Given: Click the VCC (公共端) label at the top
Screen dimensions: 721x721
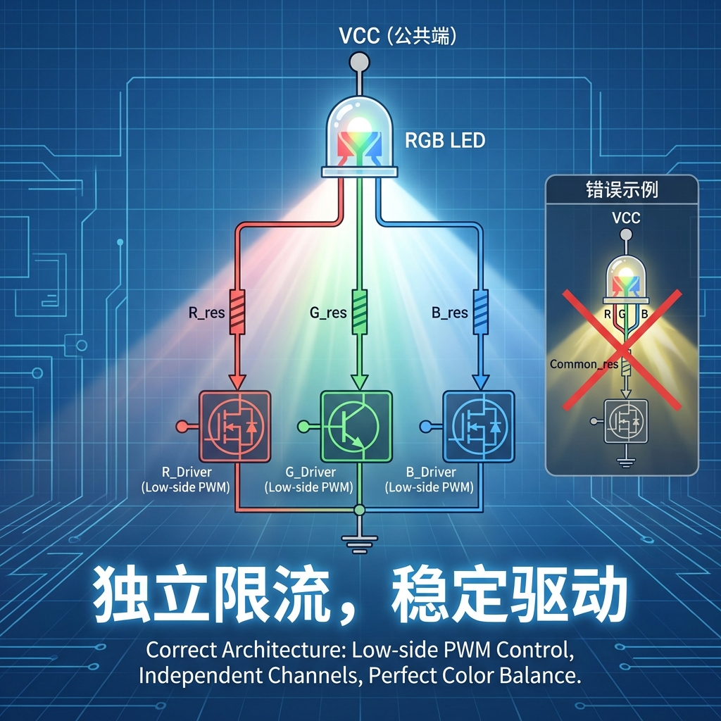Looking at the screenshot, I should (x=398, y=37).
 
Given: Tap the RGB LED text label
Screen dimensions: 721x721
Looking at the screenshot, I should (x=445, y=140).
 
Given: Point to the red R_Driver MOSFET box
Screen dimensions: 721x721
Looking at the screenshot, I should (x=235, y=426).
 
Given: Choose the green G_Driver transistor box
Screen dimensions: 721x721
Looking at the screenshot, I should (x=356, y=427).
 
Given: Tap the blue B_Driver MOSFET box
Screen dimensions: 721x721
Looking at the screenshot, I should (x=478, y=427).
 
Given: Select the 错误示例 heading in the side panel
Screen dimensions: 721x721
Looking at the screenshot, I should (x=622, y=189).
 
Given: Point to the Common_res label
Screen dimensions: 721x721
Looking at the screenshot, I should (x=584, y=364).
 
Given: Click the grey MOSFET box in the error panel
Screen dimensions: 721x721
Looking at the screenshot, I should (x=622, y=422).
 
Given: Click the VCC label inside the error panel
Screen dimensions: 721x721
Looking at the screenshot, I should (x=625, y=218).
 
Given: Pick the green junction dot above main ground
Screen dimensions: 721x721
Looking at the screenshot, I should (x=359, y=508).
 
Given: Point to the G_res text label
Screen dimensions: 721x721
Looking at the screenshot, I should (x=328, y=312).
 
